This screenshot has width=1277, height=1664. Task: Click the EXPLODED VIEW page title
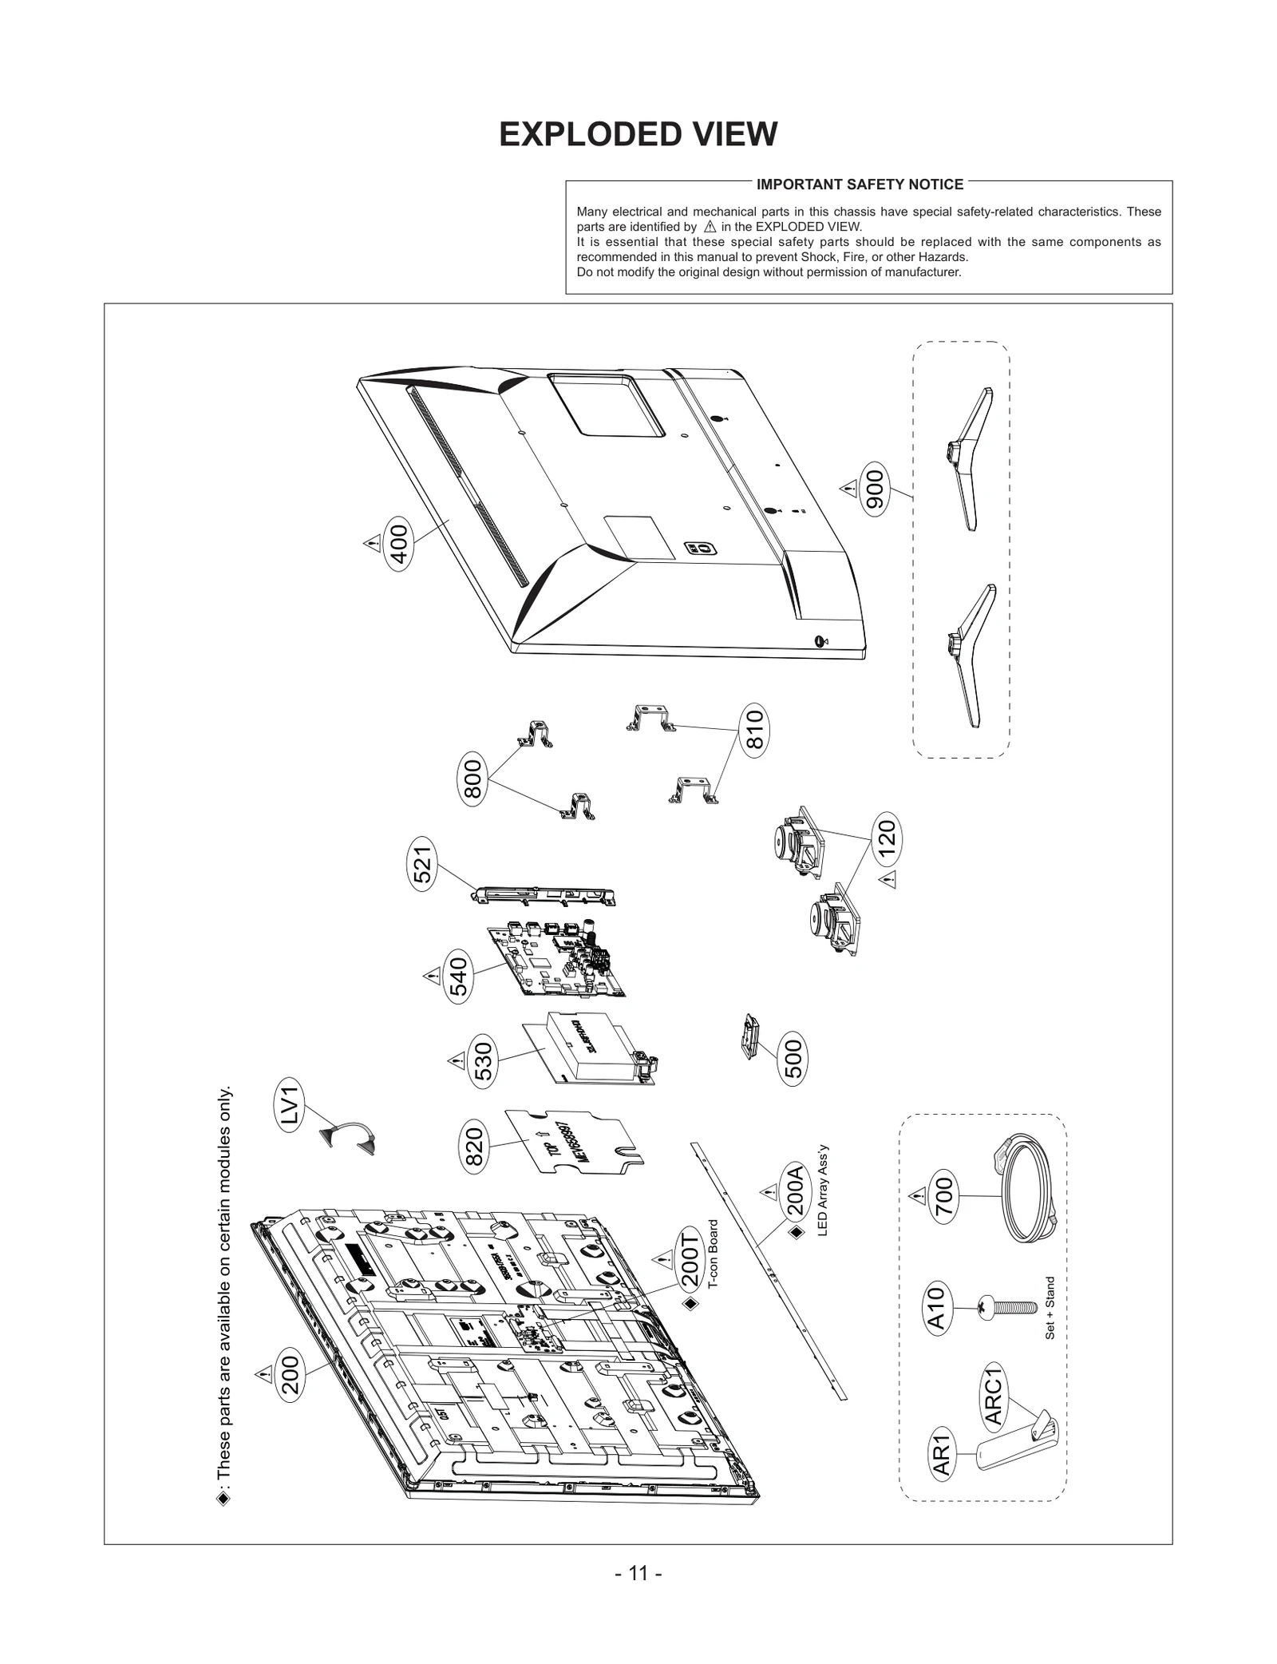point(638,134)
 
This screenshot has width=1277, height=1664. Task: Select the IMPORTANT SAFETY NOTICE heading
point(860,184)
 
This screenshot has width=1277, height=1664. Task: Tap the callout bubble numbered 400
point(399,543)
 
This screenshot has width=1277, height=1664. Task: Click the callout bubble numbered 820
point(474,1147)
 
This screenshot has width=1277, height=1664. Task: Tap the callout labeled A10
point(937,1308)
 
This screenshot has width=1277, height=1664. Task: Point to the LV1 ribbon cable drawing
point(349,1137)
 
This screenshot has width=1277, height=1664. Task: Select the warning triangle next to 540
point(432,976)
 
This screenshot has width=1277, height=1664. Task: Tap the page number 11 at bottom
point(638,1573)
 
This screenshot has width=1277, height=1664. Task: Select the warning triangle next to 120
point(888,880)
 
